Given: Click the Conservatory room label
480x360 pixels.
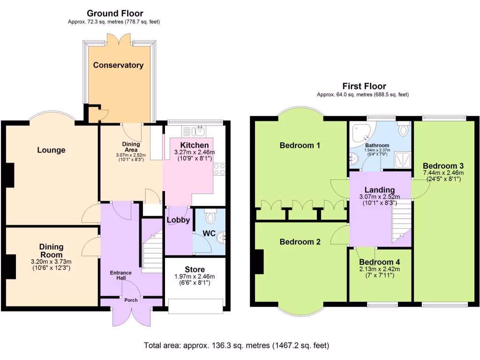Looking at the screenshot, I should [118, 65].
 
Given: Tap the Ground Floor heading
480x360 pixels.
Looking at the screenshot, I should [115, 14].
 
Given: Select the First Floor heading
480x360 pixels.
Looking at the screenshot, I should [364, 86].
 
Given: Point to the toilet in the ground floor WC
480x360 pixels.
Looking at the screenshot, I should [210, 217].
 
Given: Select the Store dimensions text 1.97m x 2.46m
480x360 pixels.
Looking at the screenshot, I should [195, 277].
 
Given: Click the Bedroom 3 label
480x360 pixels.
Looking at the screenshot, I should [443, 166].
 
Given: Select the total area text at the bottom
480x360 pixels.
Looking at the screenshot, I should [236, 345].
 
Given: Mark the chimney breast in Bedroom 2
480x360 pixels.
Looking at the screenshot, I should [258, 262].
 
